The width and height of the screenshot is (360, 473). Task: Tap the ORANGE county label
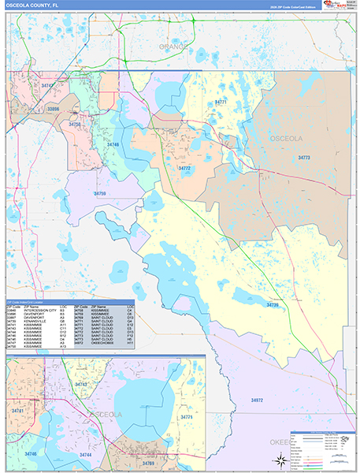[173, 47]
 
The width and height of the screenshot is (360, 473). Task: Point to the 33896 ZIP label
[53, 110]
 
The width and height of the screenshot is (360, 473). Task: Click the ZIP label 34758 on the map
[76, 124]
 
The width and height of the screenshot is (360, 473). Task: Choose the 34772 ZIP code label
[184, 168]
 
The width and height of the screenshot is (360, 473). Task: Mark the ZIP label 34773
[304, 158]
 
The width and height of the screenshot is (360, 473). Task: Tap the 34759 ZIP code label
[99, 193]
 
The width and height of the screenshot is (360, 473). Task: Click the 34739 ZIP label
[273, 304]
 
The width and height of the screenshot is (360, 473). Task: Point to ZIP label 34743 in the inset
[80, 384]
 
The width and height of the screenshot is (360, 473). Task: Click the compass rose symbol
[277, 461]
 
